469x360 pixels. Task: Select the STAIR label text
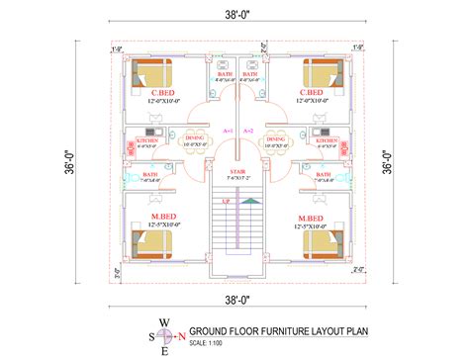click(x=235, y=169)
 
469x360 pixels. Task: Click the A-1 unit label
click(x=228, y=131)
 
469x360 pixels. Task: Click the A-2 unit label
click(x=247, y=131)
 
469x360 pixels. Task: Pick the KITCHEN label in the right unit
click(x=328, y=141)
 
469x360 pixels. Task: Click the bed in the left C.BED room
click(x=149, y=74)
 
